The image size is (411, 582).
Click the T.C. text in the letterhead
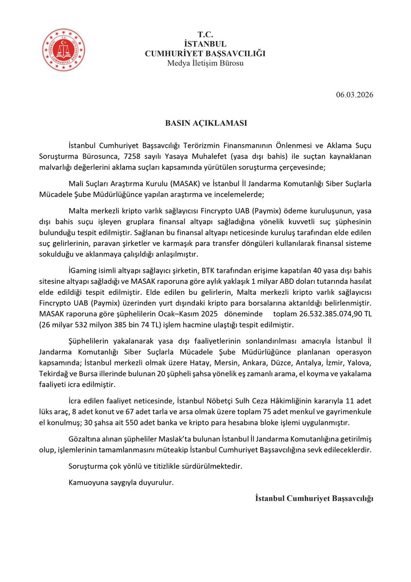(205, 34)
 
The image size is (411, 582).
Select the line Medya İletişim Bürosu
(205, 63)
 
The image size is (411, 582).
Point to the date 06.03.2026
(354, 95)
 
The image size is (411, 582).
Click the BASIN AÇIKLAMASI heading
(205, 123)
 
